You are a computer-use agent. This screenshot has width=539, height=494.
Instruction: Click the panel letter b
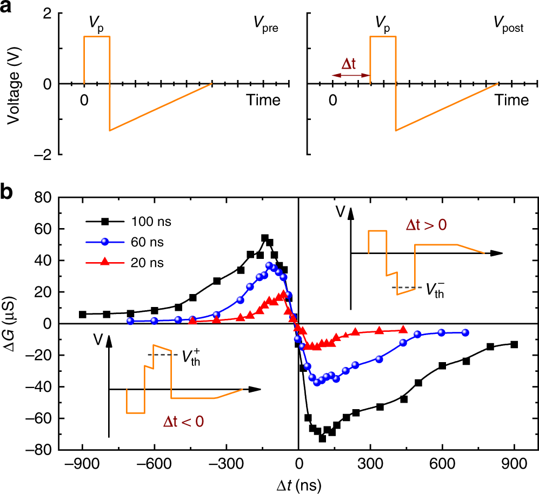8,192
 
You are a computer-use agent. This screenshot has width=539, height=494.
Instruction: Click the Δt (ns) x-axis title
298,483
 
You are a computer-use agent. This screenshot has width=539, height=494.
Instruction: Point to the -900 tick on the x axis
82,464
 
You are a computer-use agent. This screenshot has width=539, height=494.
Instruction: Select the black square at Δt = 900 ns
514,344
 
